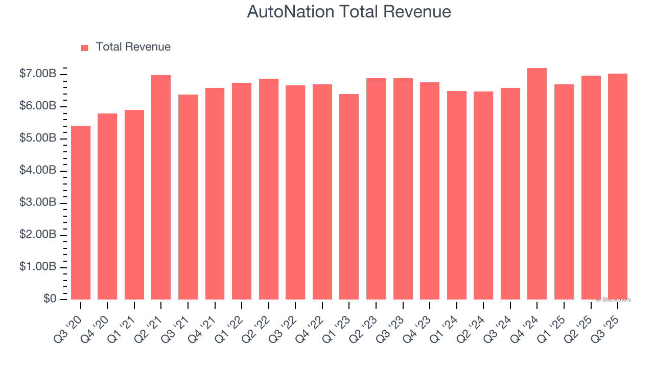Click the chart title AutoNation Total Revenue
pyautogui.click(x=349, y=11)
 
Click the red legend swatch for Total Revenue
pyautogui.click(x=85, y=48)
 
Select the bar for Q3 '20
pyautogui.click(x=81, y=213)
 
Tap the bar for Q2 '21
pyautogui.click(x=161, y=187)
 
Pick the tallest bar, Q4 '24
pyautogui.click(x=537, y=184)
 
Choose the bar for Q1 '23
pyautogui.click(x=349, y=197)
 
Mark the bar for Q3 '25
pyautogui.click(x=618, y=187)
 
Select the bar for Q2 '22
pyautogui.click(x=269, y=189)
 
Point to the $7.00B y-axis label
pyautogui.click(x=38, y=75)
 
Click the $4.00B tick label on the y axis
pyautogui.click(x=38, y=171)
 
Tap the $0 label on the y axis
pyautogui.click(x=49, y=299)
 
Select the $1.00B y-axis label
pyautogui.click(x=38, y=267)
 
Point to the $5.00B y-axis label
pyautogui.click(x=38, y=139)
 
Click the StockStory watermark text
pyautogui.click(x=614, y=300)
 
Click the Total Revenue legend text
pyautogui.click(x=133, y=47)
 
